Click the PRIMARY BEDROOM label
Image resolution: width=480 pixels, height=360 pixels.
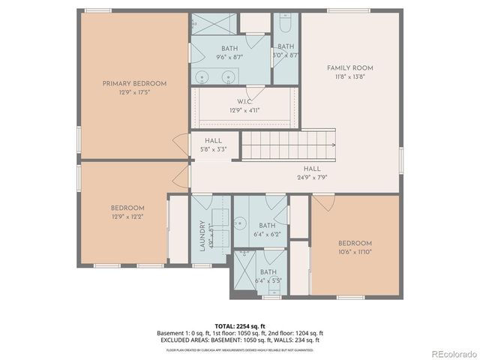point(134,83)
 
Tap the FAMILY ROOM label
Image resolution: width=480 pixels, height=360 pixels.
point(349,68)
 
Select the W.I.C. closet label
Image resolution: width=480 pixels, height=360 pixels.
point(244,101)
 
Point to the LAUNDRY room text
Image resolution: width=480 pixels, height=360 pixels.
point(202,235)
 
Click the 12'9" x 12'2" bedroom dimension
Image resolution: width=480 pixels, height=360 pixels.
point(127,217)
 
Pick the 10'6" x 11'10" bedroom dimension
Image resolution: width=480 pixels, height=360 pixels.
point(355,253)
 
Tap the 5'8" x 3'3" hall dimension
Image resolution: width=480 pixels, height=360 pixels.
point(214,148)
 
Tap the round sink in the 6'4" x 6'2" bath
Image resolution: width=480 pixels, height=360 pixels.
point(241,222)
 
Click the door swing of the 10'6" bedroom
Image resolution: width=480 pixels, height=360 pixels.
point(323,202)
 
